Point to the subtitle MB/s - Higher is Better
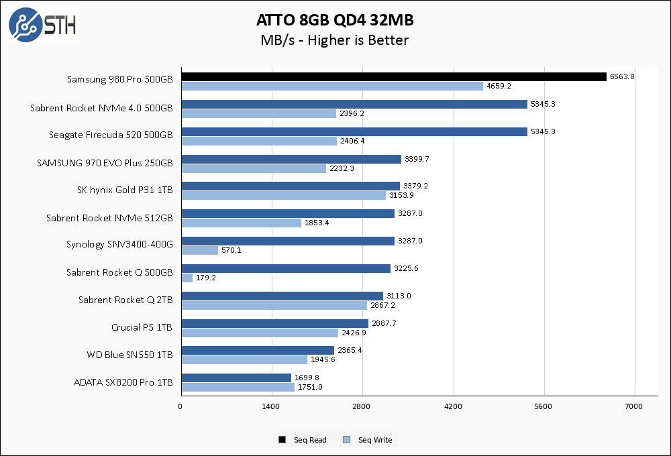coord(334,40)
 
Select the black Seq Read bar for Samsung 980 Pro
coord(394,77)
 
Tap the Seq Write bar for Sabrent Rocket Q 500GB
coord(187,278)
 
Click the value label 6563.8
coord(622,77)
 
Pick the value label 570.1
coord(231,251)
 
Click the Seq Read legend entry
coord(303,440)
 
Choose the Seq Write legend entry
coord(368,440)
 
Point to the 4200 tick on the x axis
coord(453,406)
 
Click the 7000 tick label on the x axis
coord(634,406)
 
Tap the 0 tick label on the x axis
coord(180,406)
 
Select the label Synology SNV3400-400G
coord(119,244)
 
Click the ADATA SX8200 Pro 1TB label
coord(123,382)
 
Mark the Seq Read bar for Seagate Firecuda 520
coord(354,131)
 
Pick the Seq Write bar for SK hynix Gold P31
coord(283,196)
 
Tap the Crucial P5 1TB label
coord(142,327)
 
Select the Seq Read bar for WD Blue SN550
coord(258,350)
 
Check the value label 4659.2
coord(499,87)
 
